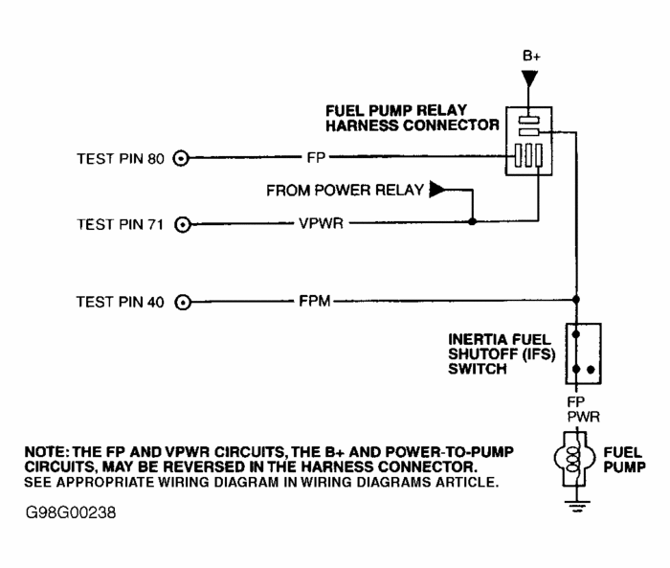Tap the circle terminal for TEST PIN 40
pyautogui.click(x=183, y=302)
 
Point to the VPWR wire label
pyautogui.click(x=312, y=224)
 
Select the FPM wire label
pyautogui.click(x=313, y=302)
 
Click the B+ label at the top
pyautogui.click(x=532, y=56)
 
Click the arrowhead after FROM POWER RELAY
pyautogui.click(x=437, y=190)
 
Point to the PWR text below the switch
pyautogui.click(x=576, y=417)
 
